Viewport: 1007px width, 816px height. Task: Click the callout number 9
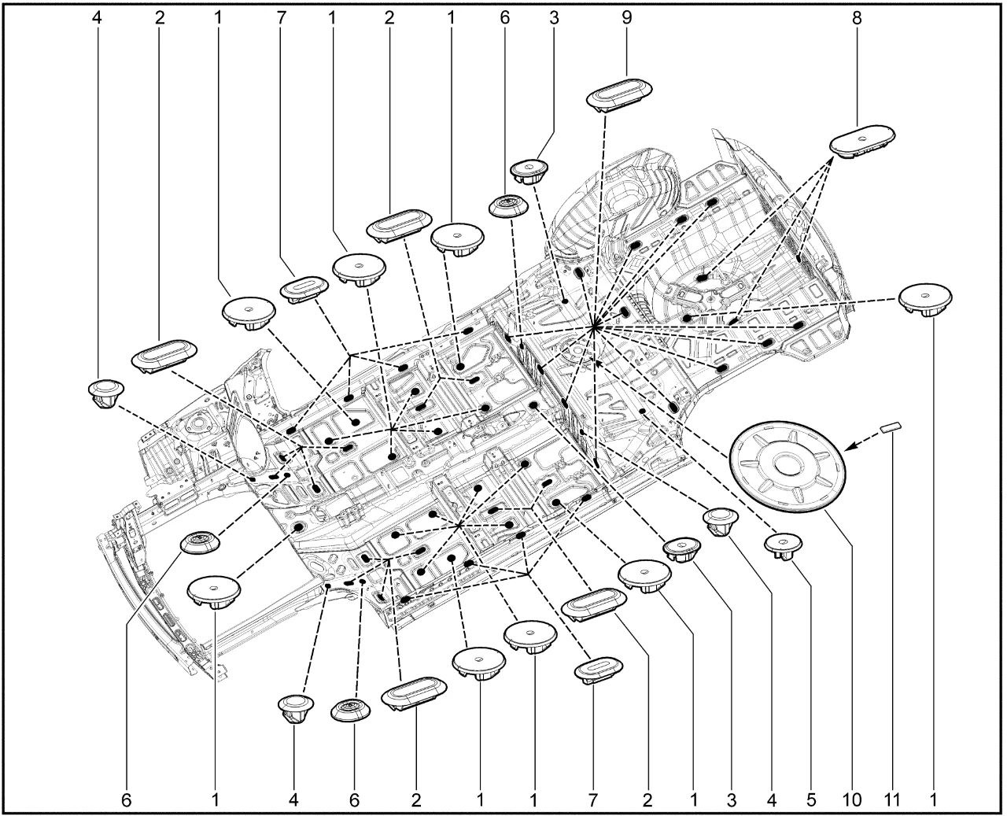(626, 18)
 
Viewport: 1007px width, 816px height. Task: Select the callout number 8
(857, 18)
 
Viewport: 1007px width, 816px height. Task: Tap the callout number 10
(850, 800)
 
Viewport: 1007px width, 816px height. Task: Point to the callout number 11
(891, 800)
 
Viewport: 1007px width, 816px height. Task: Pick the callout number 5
(811, 800)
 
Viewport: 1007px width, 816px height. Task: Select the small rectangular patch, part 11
(891, 427)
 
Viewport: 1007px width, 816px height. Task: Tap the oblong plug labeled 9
(619, 95)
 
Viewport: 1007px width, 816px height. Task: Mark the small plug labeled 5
(783, 546)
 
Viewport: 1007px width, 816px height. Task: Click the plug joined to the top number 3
(529, 171)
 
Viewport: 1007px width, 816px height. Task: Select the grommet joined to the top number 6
(508, 206)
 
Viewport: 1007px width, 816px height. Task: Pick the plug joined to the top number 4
(106, 393)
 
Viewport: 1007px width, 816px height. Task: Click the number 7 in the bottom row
(592, 800)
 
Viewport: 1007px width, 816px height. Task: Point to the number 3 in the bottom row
(732, 800)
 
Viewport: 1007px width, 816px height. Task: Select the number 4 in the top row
(97, 18)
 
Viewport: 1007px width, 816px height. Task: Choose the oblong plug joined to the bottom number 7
(599, 670)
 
